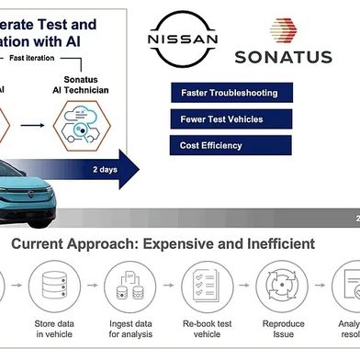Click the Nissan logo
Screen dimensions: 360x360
183,39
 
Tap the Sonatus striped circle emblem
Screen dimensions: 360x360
283,30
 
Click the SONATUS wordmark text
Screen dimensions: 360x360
283,57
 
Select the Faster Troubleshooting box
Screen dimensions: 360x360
231,93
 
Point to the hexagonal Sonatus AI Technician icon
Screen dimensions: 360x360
83,129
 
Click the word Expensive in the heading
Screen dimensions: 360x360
184,244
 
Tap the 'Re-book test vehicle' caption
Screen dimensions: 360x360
206,328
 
